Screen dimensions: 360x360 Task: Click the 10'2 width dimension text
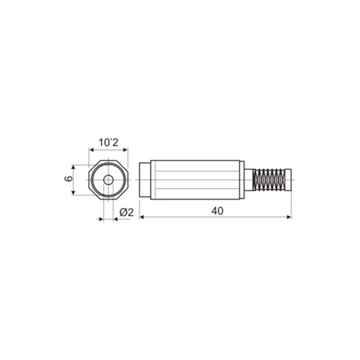tap(108, 143)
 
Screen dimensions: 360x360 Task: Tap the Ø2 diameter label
tap(127, 212)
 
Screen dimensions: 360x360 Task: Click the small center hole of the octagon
tap(108, 180)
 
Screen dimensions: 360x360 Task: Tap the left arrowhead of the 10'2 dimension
tap(90, 151)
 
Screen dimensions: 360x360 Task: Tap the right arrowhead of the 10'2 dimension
tap(126, 151)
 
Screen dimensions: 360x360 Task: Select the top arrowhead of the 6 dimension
tap(73, 167)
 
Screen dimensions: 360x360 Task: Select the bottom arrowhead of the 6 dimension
tap(73, 193)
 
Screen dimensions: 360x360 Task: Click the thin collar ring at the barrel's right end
tap(242, 180)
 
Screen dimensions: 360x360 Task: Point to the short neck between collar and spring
tap(249, 180)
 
